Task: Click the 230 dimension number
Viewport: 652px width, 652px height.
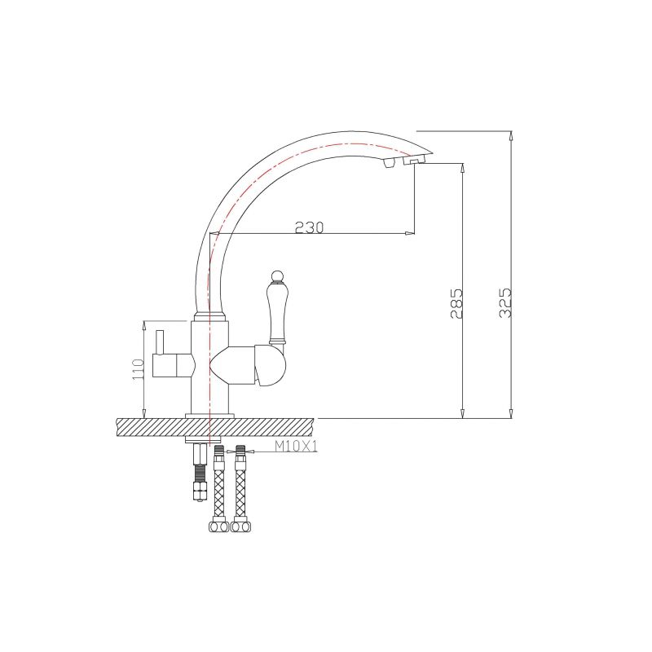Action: tap(309, 227)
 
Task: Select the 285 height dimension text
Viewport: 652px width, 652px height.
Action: tap(457, 302)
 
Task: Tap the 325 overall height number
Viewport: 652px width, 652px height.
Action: tap(505, 302)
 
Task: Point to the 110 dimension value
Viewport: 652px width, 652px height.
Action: tap(138, 368)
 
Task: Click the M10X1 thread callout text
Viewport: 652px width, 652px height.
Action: tap(294, 446)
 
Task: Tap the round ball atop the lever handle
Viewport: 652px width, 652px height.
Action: tap(275, 275)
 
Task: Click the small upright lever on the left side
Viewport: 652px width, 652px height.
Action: tap(160, 342)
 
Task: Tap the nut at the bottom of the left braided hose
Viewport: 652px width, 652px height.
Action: tap(218, 526)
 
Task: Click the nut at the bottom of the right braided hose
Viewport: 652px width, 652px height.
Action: tap(240, 526)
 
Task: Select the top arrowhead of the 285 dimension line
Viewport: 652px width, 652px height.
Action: tap(462, 167)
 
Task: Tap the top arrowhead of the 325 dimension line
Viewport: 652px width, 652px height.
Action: tap(510, 134)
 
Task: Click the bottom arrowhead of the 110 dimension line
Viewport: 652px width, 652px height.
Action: tap(143, 412)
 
